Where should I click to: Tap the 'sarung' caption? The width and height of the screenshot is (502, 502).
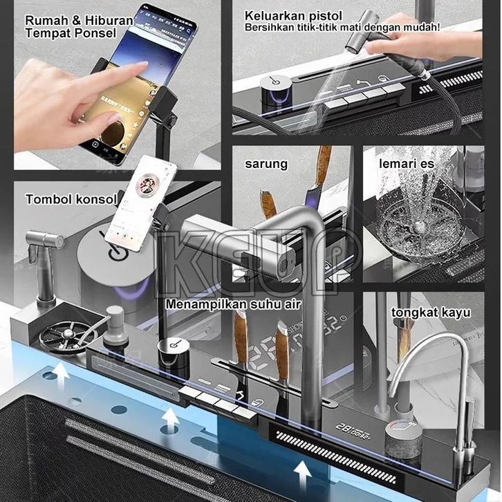tap(266, 165)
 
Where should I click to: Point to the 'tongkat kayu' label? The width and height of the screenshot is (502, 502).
tap(431, 313)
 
